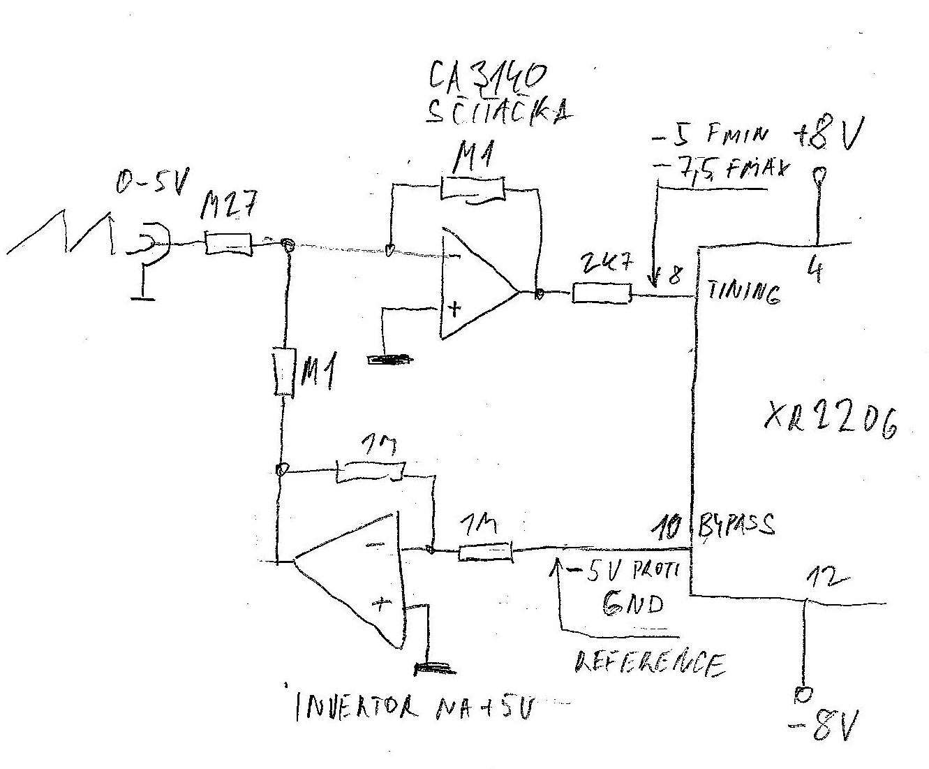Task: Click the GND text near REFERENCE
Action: coord(632,603)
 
